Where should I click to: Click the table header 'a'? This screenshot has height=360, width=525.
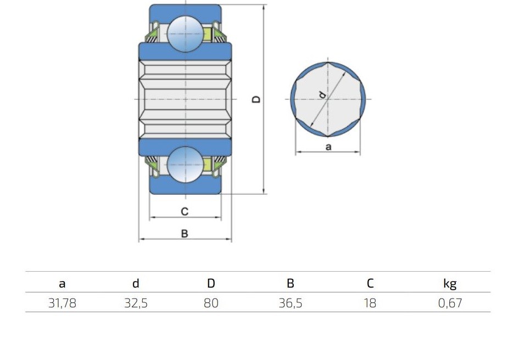[x=62, y=284]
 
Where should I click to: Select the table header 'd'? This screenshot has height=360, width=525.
[x=136, y=283]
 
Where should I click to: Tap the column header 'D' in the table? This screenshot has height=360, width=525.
[x=211, y=283]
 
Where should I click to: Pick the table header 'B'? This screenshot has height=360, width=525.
[x=291, y=283]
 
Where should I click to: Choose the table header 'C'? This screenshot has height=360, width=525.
[x=370, y=283]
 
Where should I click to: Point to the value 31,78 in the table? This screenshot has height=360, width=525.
[x=62, y=303]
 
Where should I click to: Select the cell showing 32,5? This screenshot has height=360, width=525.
[x=136, y=303]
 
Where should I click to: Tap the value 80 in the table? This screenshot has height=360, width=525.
[x=211, y=303]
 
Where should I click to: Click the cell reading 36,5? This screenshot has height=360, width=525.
[x=291, y=303]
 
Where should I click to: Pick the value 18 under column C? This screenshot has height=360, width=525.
[x=370, y=303]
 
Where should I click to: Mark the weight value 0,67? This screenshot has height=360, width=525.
[x=450, y=303]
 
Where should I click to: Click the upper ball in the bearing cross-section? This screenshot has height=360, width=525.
[x=185, y=34]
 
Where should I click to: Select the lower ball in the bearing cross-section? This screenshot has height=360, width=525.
[x=185, y=165]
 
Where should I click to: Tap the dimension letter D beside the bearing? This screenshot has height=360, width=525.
[x=256, y=99]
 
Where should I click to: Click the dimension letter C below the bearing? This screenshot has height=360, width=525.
[x=185, y=211]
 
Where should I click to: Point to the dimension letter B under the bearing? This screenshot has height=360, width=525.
[x=185, y=234]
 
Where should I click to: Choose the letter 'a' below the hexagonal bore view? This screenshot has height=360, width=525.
[x=328, y=147]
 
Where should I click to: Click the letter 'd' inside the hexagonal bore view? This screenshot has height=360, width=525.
[x=322, y=94]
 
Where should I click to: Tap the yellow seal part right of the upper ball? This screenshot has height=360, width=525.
[x=208, y=35]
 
